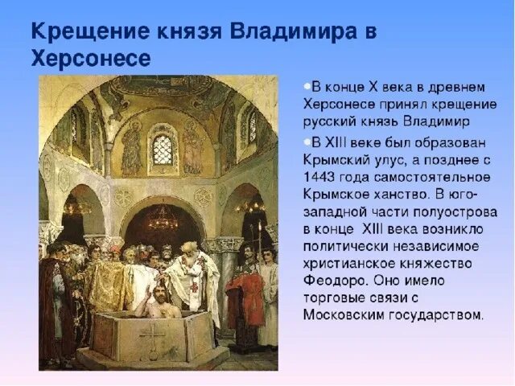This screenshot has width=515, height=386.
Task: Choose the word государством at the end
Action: pyautogui.click(x=437, y=314)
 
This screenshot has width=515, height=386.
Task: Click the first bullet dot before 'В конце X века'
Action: pyautogui.click(x=307, y=85)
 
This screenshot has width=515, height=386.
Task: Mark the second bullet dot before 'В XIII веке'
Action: pyautogui.click(x=307, y=143)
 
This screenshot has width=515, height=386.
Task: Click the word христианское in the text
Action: pyautogui.click(x=348, y=263)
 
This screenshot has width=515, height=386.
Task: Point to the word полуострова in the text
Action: pyautogui.click(x=452, y=211)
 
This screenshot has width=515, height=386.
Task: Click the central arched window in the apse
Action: pyautogui.click(x=163, y=150)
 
